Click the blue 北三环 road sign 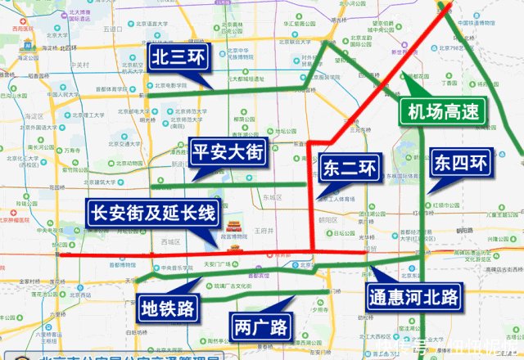[178, 57]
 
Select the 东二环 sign [349, 169]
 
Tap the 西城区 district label [170, 242]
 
